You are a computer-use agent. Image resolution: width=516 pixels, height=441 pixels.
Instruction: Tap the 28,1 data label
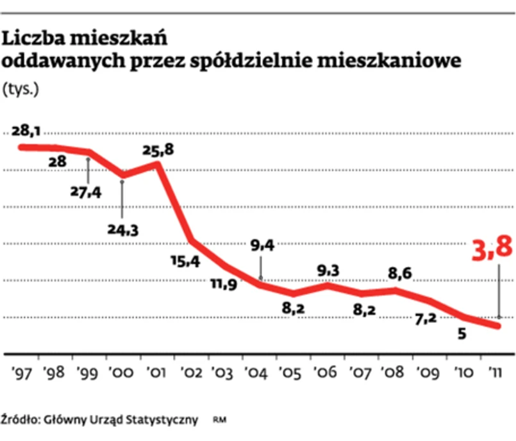tap(27, 131)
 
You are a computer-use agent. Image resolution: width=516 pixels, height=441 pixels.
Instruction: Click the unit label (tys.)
tap(21, 88)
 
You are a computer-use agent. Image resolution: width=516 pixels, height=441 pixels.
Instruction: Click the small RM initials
tap(221, 420)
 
